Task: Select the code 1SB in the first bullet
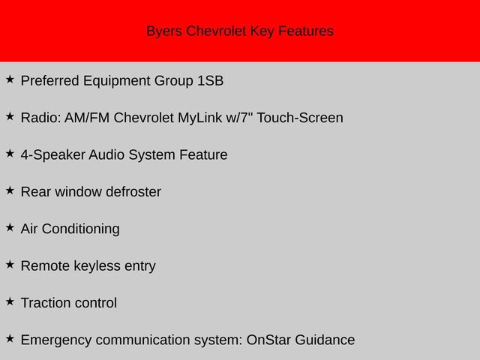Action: [210, 81]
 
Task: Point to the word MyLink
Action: [200, 118]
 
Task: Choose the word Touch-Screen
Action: [300, 118]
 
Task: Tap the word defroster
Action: [133, 192]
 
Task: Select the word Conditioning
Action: [80, 229]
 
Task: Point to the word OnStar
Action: [269, 340]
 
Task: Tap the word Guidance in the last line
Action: [325, 340]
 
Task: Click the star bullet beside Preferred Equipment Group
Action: [10, 79]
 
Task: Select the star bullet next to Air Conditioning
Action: [10, 226]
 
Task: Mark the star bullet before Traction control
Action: [10, 301]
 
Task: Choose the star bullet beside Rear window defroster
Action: [10, 190]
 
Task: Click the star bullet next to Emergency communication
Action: [10, 337]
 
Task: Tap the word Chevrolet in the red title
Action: [217, 31]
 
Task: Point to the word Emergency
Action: [56, 340]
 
